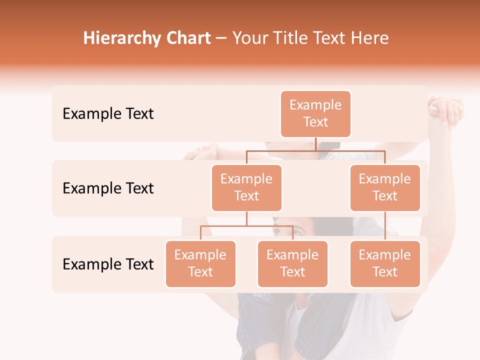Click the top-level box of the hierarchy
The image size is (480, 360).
[x=315, y=114]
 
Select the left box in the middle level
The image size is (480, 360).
[x=246, y=188]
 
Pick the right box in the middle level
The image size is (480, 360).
[x=385, y=188]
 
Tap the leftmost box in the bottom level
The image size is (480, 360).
[x=200, y=264]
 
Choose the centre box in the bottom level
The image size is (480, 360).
[x=292, y=264]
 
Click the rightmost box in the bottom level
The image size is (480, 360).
[x=385, y=264]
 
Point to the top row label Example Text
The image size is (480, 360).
[x=108, y=114]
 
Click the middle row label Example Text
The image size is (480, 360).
[x=108, y=188]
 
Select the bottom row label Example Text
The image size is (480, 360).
[x=108, y=264]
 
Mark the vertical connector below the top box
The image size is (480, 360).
[x=315, y=144]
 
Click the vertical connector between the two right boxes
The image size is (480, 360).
[x=385, y=226]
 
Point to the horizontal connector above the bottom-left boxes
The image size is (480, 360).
[x=246, y=226]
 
